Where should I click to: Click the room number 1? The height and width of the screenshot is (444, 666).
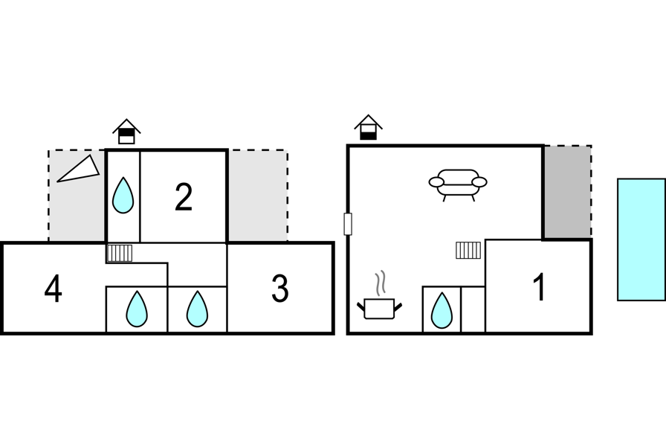point(540,287)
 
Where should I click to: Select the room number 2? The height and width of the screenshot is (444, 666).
point(184,197)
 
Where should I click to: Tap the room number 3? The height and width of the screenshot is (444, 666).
point(280,289)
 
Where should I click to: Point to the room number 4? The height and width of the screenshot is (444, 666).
point(53,289)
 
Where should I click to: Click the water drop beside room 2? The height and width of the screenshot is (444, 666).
point(123,195)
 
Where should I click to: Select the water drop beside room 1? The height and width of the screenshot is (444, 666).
point(442,310)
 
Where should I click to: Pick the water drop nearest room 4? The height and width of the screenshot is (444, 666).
point(137,309)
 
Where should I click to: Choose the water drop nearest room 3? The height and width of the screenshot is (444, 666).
point(197,309)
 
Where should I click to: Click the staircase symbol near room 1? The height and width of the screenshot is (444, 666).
point(468,250)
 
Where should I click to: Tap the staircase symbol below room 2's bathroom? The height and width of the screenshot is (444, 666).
point(120,253)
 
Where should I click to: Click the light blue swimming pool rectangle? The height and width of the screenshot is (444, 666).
point(641,239)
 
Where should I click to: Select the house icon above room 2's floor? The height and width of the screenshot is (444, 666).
point(126,132)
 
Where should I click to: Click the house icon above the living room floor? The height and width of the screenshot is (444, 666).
point(368,127)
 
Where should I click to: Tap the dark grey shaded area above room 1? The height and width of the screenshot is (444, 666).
point(567,192)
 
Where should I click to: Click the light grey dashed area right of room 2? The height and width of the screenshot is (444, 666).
point(258,196)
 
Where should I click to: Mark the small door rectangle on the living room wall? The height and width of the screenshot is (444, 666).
point(347,224)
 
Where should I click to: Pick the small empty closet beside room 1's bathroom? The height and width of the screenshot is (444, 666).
point(473,309)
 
